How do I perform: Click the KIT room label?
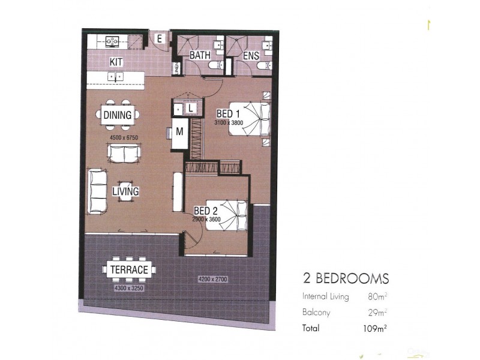point(116,62)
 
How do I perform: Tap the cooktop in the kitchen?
point(112,41)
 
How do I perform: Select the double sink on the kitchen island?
point(115,76)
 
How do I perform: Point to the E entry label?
point(160,39)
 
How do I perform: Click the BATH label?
point(199,55)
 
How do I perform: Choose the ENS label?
point(251,56)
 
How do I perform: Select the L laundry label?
point(189,107)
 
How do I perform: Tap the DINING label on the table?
point(118,115)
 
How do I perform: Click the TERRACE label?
point(129,270)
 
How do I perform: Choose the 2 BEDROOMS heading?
point(346,278)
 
